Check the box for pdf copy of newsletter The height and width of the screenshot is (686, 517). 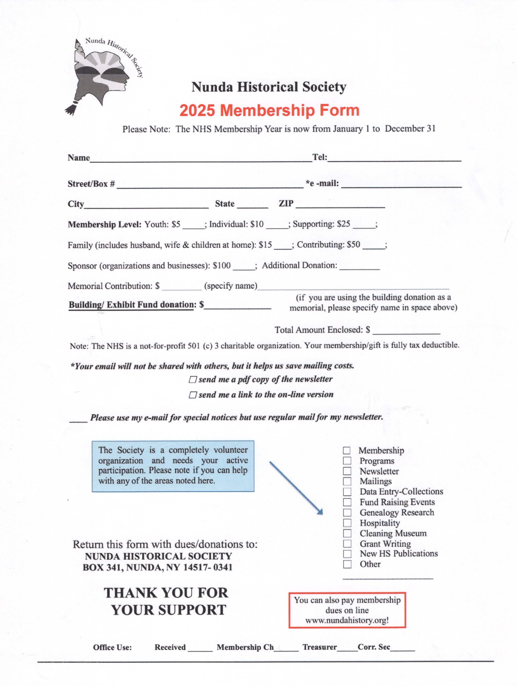click(193, 380)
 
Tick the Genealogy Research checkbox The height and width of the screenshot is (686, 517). click(347, 513)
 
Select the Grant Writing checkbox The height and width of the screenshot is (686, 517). click(347, 544)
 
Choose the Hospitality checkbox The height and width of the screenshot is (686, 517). click(347, 523)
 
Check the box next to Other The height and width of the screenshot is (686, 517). click(347, 564)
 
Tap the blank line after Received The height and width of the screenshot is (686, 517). click(200, 648)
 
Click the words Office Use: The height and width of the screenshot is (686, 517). click(112, 647)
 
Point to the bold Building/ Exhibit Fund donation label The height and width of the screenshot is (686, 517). click(132, 305)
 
